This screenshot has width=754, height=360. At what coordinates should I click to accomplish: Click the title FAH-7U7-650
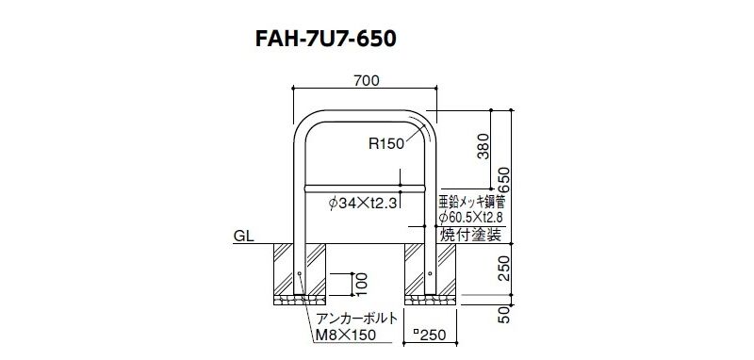coord(325,40)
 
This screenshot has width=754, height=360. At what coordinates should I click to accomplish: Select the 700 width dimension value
coord(367,81)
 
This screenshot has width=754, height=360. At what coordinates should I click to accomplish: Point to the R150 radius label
coord(386,143)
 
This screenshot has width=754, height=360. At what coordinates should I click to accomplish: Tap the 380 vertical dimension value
coord(484,146)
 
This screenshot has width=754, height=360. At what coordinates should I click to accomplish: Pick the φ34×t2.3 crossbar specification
coord(363,204)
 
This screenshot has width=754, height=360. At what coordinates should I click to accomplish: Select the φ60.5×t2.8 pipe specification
coord(470,219)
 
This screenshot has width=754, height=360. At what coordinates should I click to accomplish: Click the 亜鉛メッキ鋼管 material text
coord(470,201)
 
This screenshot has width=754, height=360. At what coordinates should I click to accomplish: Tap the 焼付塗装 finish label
coord(470,235)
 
